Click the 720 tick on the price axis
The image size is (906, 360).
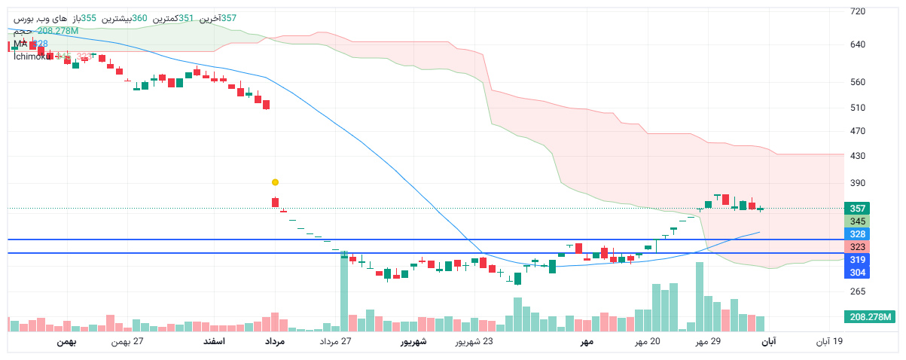coord(857,12)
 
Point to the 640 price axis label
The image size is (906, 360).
coord(857,44)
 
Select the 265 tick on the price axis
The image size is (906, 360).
coord(857,291)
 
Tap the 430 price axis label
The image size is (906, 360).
coord(857,157)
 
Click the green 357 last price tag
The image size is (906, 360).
coord(857,209)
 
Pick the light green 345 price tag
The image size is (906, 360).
coord(857,221)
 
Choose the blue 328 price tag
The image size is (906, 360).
coord(857,234)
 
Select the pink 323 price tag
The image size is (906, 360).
coord(857,247)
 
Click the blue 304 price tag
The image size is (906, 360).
coord(857,272)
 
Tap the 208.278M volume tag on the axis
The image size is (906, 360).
coord(869,317)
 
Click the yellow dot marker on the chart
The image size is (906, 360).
coord(275,182)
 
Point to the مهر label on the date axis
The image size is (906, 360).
coord(587,342)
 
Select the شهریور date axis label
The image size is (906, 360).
coord(413,342)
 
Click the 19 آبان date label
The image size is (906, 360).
coord(829,342)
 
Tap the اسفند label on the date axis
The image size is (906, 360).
coord(214,342)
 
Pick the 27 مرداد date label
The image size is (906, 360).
coord(336,342)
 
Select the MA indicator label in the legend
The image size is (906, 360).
coord(20,44)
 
